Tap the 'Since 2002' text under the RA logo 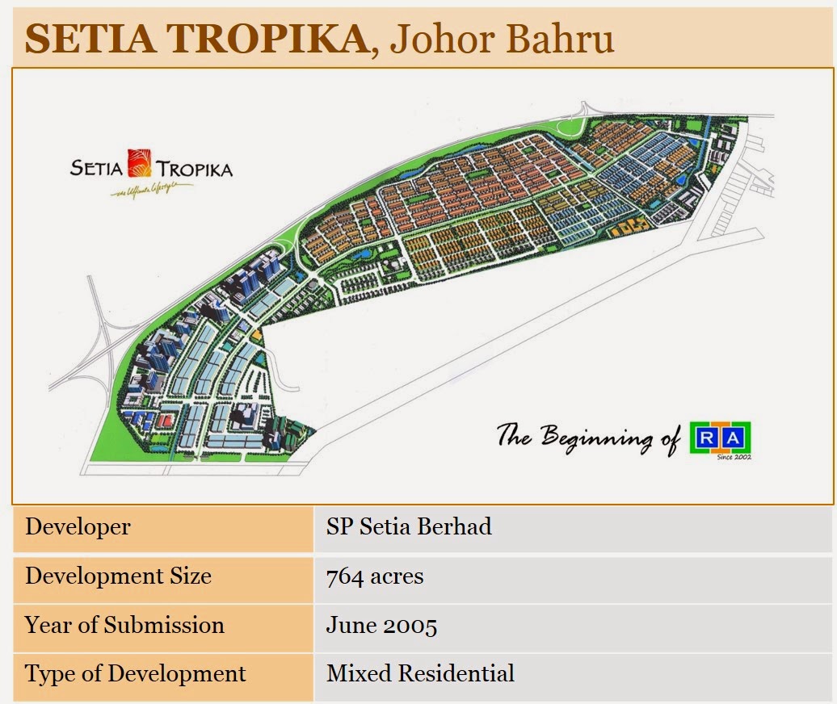(734, 458)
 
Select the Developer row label (78, 527)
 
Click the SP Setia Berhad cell (409, 527)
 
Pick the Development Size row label (118, 576)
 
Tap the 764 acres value (375, 576)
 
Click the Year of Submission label (124, 625)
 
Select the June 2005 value (381, 626)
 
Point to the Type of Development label (136, 673)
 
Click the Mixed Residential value (420, 673)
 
